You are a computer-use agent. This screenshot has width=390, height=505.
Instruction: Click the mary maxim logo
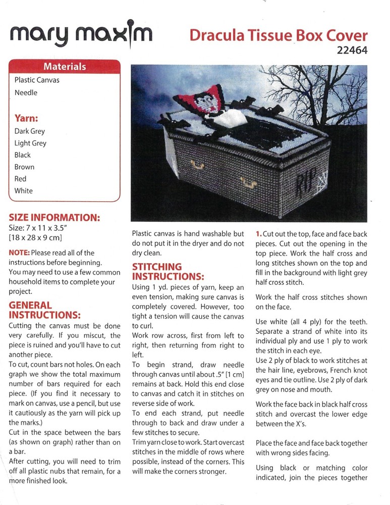pyautogui.click(x=80, y=35)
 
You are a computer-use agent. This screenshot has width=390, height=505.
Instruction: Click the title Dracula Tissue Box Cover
pyautogui.click(x=278, y=35)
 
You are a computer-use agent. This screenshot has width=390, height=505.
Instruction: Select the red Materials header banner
pyautogui.click(x=65, y=67)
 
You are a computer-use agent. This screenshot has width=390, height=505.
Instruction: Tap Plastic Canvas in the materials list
pyautogui.click(x=37, y=80)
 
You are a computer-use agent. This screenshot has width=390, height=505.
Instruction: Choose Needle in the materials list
pyautogui.click(x=26, y=92)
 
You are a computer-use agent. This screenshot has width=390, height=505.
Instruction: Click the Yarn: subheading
pyautogui.click(x=26, y=119)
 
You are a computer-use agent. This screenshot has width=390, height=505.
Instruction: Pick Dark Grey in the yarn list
pyautogui.click(x=30, y=131)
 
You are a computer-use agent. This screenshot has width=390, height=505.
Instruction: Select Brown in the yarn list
pyautogui.click(x=24, y=167)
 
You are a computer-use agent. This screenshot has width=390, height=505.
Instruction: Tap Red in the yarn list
pyautogui.click(x=20, y=179)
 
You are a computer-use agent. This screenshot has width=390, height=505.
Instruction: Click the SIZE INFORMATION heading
pyautogui.click(x=54, y=218)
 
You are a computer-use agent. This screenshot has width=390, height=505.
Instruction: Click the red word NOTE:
pyautogui.click(x=19, y=252)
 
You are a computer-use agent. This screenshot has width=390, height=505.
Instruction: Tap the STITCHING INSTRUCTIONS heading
pyautogui.click(x=168, y=271)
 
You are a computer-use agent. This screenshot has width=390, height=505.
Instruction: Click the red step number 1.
pyautogui.click(x=258, y=234)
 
